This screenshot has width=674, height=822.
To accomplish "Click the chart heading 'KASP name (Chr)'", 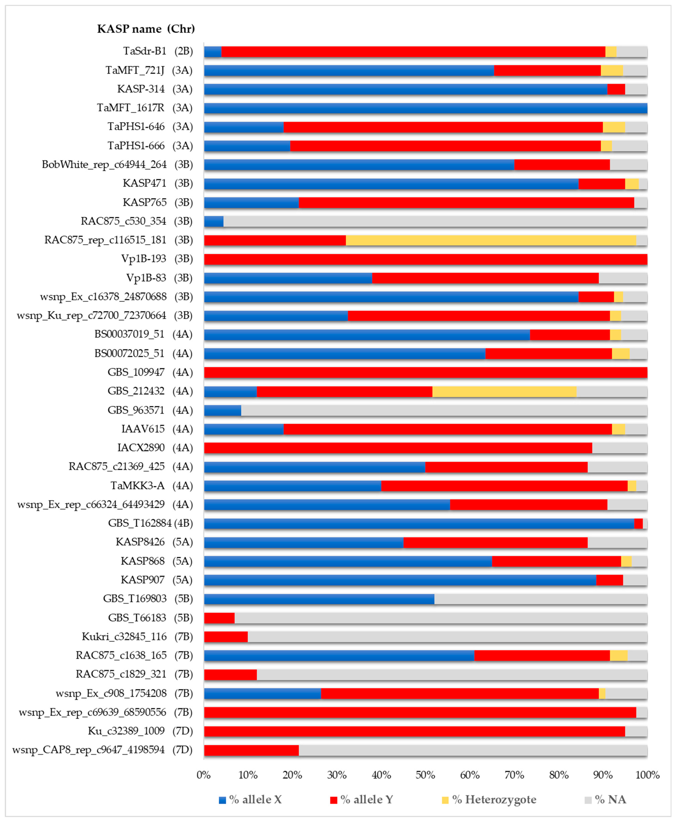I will pos(146,29).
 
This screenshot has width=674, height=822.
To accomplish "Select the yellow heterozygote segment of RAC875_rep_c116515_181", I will pos(491,240).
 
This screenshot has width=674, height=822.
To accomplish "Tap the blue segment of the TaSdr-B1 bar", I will pos(212,51).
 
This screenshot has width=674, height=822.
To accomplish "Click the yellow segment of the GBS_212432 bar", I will pos(504,391).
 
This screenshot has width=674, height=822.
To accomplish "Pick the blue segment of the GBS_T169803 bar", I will pos(319,599).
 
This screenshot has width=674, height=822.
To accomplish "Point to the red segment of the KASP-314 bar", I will pos(616,89).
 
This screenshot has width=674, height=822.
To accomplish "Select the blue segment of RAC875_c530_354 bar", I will pos(214,221).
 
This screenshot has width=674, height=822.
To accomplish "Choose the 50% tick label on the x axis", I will pos(425,775).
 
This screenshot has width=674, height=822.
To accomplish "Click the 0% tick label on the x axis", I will pos(203,775).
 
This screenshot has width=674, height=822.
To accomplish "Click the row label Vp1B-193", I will pos(144,259).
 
